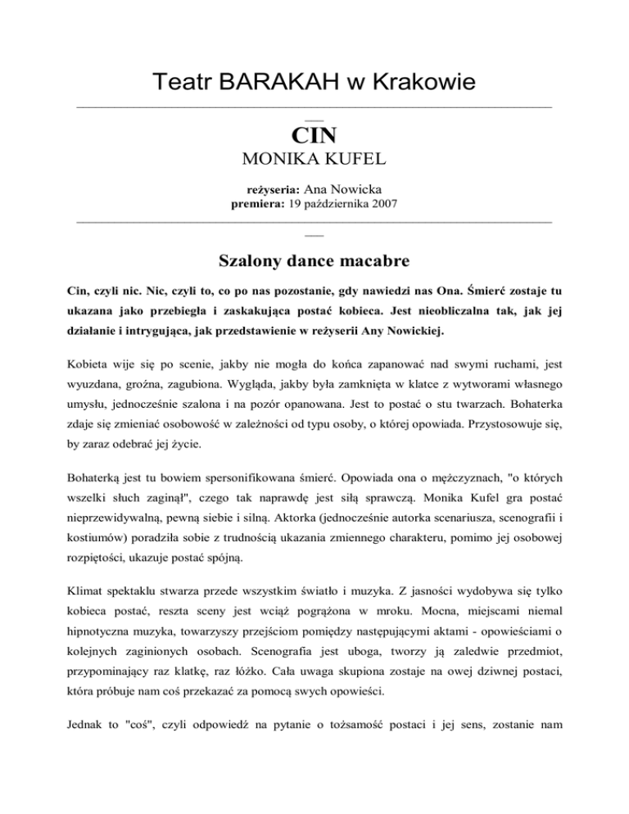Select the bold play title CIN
(314, 134)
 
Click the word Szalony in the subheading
(251, 261)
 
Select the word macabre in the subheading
(375, 261)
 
